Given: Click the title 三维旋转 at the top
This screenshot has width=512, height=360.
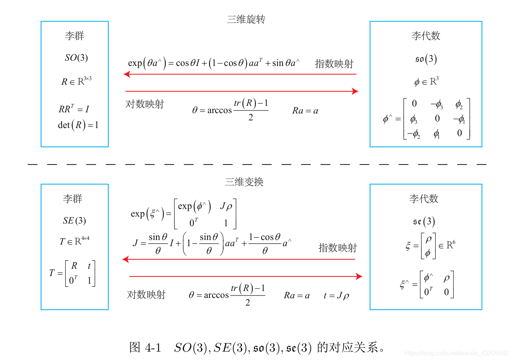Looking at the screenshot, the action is [246, 19].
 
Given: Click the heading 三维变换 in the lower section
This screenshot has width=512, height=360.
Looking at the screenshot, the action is [244, 182].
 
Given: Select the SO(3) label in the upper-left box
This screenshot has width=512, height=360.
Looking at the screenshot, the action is [76, 58].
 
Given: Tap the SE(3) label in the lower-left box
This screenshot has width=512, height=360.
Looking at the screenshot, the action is [74, 220].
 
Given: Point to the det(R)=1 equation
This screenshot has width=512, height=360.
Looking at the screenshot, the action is [78, 125].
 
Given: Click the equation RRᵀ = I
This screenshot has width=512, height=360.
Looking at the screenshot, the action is [74, 109].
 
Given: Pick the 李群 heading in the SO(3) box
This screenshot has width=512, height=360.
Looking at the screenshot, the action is [74, 36].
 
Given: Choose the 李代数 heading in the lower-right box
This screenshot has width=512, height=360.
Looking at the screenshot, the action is [423, 199].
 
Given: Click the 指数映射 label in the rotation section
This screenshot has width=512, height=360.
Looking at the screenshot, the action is [334, 64].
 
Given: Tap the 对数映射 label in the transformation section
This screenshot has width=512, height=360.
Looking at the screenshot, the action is [146, 294].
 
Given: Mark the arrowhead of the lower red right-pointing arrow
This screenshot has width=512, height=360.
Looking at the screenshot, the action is [359, 276].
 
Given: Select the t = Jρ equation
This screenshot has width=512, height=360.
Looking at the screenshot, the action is [336, 296].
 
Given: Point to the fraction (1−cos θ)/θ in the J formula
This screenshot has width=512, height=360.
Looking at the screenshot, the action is [265, 244].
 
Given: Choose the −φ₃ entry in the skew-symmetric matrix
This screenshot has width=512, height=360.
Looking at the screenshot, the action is [436, 104].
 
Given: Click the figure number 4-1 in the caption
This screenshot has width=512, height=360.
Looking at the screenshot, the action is [153, 348].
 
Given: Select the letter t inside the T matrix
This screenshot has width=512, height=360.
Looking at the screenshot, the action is [89, 266].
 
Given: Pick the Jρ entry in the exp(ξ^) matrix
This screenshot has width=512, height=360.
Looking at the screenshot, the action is [226, 206].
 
